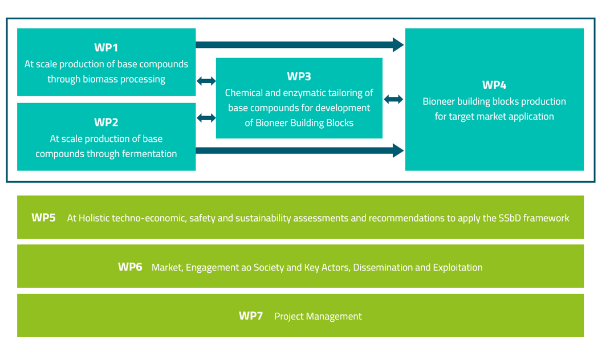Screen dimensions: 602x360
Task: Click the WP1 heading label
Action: point(106,48)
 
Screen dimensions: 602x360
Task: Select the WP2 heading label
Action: point(106,122)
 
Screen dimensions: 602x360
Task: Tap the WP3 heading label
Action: point(299,76)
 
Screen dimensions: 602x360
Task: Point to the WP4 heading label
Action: point(494,85)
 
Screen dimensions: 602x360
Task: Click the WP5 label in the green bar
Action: point(43,218)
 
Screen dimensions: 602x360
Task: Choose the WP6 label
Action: point(130,267)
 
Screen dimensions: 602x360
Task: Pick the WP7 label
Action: point(251,316)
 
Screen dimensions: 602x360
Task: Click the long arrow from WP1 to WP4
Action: point(299,44)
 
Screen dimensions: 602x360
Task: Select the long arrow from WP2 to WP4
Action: point(299,150)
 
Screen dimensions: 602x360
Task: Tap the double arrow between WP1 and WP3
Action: point(206,81)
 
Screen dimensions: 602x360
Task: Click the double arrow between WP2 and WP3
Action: point(206,118)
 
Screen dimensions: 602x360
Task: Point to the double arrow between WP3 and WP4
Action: point(393,100)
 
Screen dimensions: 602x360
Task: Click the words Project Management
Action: point(318,317)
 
